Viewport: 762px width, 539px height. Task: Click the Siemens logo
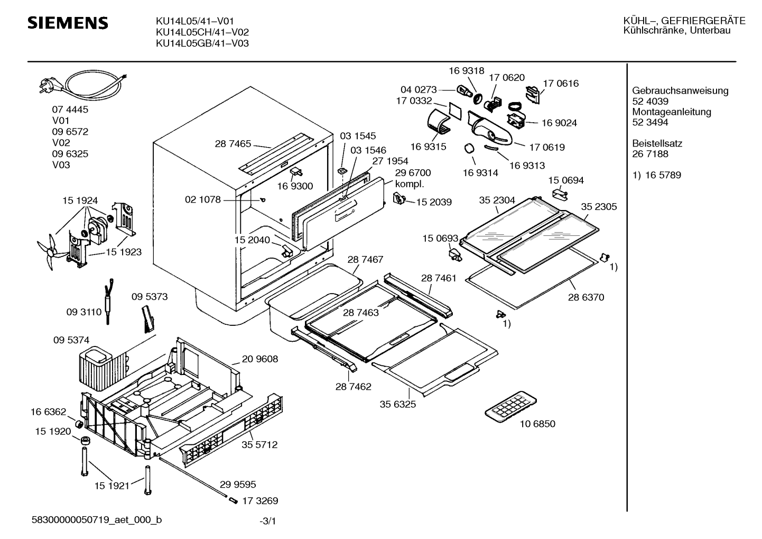[x=68, y=23]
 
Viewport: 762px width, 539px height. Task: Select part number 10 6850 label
[x=537, y=424]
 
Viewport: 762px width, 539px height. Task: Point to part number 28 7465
[x=233, y=144]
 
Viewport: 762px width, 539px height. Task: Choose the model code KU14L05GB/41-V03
[x=202, y=43]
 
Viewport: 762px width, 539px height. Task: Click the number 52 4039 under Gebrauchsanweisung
[x=650, y=101]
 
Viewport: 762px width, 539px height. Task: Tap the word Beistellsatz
[x=657, y=143]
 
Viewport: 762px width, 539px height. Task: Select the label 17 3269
[x=260, y=500]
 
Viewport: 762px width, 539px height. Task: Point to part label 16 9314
[x=480, y=173]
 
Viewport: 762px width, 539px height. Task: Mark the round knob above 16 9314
[x=469, y=149]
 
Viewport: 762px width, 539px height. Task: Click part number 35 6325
[x=398, y=404]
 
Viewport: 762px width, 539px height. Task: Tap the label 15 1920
[x=53, y=432]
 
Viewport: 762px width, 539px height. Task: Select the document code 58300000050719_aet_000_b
[x=97, y=520]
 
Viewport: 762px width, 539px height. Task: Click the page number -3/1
[x=268, y=521]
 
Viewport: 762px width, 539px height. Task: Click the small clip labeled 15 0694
[x=560, y=195]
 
